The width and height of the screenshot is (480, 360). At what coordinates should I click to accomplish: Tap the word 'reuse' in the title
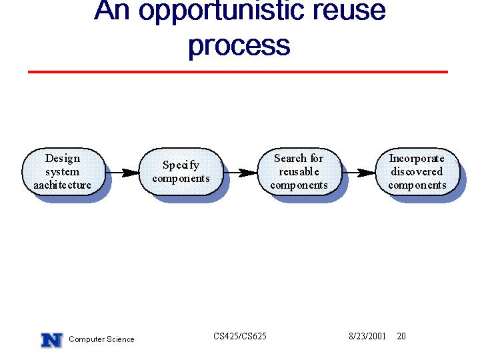click(x=346, y=11)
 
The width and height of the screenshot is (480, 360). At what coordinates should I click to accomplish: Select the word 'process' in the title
click(x=239, y=46)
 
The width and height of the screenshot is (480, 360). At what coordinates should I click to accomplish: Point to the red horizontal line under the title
click(x=238, y=72)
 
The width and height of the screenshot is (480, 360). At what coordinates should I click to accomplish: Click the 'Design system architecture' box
click(x=64, y=172)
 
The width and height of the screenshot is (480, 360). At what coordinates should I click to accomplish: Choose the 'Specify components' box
click(x=181, y=172)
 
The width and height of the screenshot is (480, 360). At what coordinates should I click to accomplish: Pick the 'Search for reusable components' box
click(x=299, y=172)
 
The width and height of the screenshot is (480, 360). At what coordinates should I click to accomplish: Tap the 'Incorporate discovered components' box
click(x=417, y=172)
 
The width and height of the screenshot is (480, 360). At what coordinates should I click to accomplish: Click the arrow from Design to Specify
click(x=122, y=173)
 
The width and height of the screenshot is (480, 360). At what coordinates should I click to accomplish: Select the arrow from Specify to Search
click(x=240, y=173)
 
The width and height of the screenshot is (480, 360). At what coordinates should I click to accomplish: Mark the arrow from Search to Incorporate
click(x=359, y=173)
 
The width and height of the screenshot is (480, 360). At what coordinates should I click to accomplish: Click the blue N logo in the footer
click(x=52, y=340)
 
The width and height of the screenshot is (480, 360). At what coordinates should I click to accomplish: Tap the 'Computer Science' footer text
click(x=101, y=339)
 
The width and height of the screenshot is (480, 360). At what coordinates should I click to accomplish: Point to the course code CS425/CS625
click(x=240, y=336)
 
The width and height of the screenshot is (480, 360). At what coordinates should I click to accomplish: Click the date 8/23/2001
click(x=367, y=336)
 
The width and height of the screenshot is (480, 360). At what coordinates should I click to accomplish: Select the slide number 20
click(x=401, y=336)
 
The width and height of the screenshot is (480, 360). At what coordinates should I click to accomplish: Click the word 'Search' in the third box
click(x=290, y=158)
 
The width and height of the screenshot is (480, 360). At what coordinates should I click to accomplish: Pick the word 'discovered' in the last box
click(x=417, y=171)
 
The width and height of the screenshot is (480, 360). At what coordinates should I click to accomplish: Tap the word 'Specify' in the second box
click(x=181, y=165)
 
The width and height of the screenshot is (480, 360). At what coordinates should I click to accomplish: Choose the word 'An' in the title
click(x=112, y=10)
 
